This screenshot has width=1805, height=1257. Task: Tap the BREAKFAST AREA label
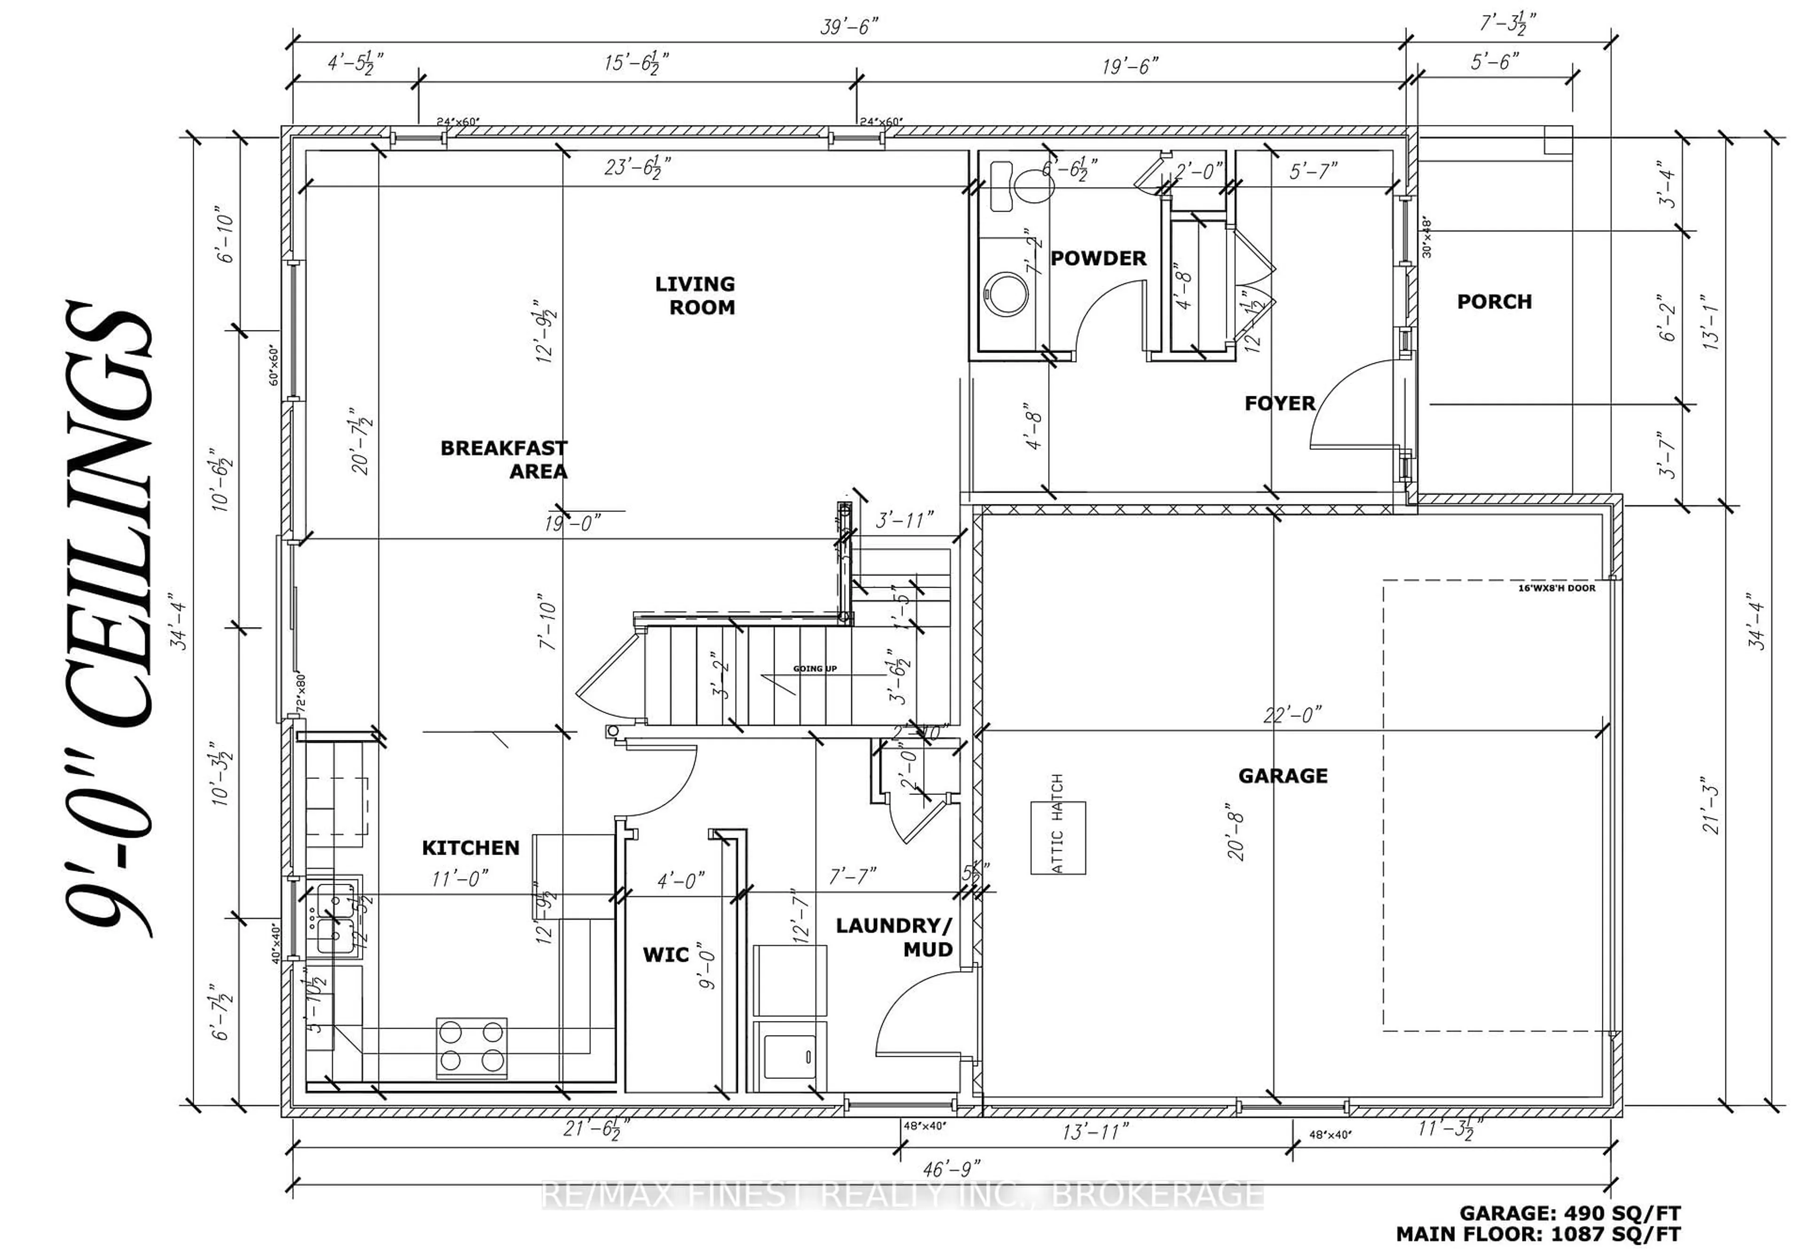click(504, 459)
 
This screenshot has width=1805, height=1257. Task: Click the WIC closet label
click(665, 954)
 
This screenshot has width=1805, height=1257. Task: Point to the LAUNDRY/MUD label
click(894, 937)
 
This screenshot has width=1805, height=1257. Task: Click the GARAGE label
click(1282, 776)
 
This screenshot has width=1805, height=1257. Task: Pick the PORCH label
click(1494, 302)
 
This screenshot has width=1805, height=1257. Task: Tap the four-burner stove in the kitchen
click(471, 1047)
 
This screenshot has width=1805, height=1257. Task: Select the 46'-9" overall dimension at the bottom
click(951, 1169)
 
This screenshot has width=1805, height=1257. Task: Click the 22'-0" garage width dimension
click(1292, 715)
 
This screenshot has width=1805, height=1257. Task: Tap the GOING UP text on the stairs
click(815, 668)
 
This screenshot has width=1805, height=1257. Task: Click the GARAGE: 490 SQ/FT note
click(1570, 1213)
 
